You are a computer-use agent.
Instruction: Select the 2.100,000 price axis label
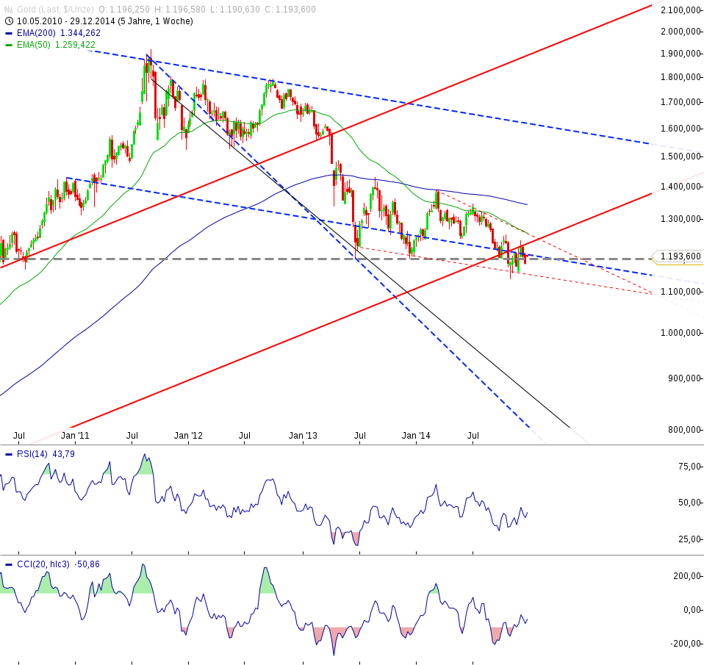coord(680,10)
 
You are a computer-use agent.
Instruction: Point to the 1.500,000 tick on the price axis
coord(680,157)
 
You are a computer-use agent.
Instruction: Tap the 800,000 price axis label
coord(683,430)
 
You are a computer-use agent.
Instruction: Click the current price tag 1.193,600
coord(679,256)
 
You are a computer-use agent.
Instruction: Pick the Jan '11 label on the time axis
coord(75,436)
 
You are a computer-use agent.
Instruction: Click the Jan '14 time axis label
coord(417,436)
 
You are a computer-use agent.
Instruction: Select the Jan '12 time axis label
coord(189,436)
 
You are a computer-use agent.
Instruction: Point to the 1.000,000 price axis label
coord(680,333)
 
